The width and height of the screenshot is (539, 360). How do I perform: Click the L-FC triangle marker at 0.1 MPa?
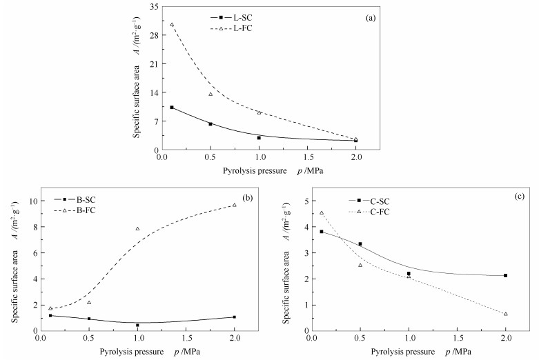[172, 25]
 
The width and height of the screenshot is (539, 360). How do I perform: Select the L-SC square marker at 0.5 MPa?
[210, 124]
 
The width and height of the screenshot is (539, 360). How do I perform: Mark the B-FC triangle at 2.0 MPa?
[235, 205]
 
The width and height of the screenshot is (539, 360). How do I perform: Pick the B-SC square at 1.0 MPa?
[137, 325]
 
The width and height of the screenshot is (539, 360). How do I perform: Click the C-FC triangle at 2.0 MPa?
[506, 314]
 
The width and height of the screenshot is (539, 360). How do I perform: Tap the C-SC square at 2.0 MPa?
[506, 276]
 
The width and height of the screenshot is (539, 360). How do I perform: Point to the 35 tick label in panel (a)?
[153, 7]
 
